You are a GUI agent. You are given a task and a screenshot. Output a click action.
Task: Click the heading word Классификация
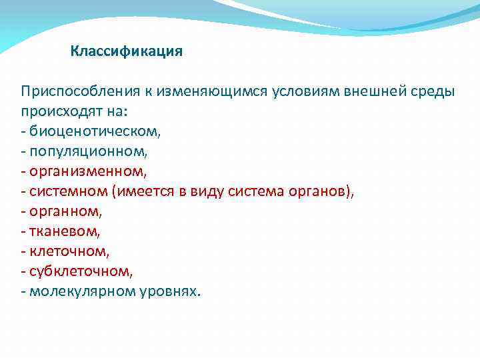[x=126, y=51]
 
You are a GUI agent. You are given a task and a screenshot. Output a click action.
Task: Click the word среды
[x=434, y=91]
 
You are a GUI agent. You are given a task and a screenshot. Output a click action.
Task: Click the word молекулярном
[x=85, y=291]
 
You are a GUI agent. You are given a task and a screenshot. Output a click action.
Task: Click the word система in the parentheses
[x=256, y=191]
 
